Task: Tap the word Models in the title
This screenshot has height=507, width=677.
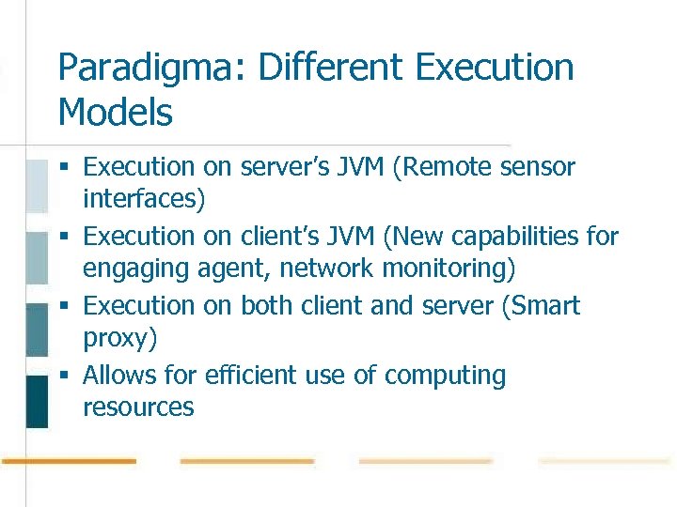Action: coord(115,114)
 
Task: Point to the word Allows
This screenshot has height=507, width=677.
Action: coord(126,376)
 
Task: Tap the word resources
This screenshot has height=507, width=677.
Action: coord(138,407)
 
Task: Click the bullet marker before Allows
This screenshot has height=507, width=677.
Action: coord(64,376)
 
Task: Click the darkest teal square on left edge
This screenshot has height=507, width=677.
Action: coord(36,401)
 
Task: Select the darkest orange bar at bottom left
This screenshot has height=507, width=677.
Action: coord(69,461)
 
